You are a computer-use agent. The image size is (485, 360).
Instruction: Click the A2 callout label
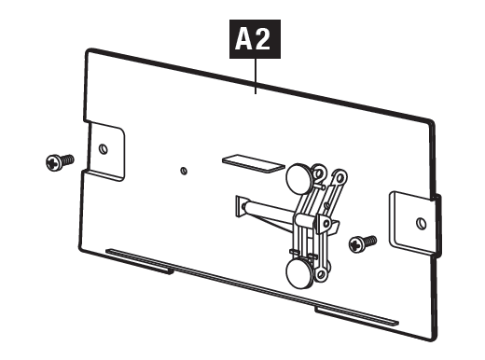tap(255, 39)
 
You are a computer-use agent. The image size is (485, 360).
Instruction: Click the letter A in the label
tap(243, 39)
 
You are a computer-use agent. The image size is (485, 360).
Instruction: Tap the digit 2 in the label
tap(263, 39)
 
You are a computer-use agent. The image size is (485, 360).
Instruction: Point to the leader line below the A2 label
tap(256, 76)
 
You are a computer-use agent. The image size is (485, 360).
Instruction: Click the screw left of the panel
tap(60, 162)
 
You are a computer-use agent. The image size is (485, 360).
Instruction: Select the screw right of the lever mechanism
tap(363, 243)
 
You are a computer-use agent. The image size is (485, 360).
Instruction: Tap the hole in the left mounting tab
tap(104, 149)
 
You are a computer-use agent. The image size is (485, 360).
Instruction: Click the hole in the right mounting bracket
tap(422, 224)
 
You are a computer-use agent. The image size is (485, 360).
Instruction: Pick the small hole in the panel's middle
tap(184, 171)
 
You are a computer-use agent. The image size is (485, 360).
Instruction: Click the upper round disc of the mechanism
tap(298, 178)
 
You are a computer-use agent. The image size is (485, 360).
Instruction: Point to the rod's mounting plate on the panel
tap(241, 207)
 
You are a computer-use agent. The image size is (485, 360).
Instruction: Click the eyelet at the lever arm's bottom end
tap(321, 274)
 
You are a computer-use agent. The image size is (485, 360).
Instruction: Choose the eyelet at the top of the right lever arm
tap(340, 177)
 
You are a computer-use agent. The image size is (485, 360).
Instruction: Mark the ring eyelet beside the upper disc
tap(319, 173)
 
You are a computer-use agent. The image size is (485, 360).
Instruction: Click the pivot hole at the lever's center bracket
tap(326, 223)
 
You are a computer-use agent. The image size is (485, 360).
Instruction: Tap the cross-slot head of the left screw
tap(53, 163)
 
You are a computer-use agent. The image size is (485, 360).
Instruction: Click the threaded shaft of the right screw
tap(370, 241)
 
